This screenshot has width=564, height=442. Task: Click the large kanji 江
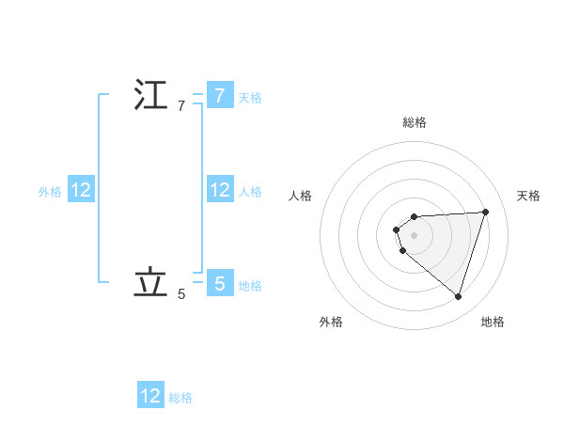click(x=150, y=96)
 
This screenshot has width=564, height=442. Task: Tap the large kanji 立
click(x=150, y=283)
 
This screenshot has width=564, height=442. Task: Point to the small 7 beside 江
click(x=181, y=106)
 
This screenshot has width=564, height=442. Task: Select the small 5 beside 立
click(x=181, y=294)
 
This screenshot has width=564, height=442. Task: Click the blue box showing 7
click(x=219, y=96)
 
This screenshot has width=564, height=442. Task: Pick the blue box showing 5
click(x=219, y=283)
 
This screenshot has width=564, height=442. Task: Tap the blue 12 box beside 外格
click(x=81, y=191)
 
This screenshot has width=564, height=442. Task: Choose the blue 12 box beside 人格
click(x=219, y=191)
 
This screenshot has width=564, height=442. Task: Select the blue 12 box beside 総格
click(x=150, y=396)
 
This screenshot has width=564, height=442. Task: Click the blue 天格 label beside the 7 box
click(x=250, y=97)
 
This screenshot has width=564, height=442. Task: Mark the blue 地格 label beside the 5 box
click(x=250, y=285)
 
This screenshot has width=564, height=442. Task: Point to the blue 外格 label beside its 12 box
click(x=50, y=192)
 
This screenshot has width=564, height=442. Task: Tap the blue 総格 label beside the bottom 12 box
click(x=180, y=398)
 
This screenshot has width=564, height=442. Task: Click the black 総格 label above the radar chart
click(x=415, y=122)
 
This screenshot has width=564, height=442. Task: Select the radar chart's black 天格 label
click(x=529, y=196)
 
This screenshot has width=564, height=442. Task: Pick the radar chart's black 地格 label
click(x=493, y=322)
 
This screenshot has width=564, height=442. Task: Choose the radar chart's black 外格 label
click(x=331, y=322)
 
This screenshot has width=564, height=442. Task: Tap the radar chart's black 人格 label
click(x=300, y=196)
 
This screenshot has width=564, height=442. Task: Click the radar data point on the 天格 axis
click(x=485, y=212)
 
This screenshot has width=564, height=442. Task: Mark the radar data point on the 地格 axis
click(x=458, y=296)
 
